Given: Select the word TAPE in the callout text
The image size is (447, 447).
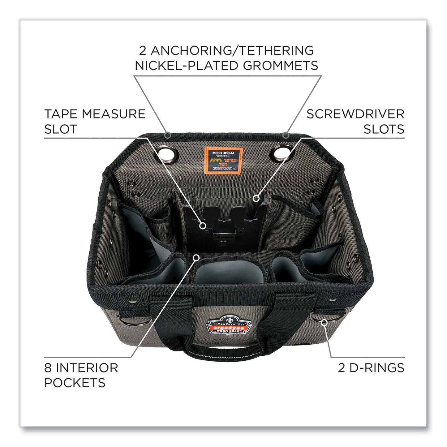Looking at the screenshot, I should [x=59, y=114].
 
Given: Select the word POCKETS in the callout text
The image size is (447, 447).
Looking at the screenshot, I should [x=75, y=383].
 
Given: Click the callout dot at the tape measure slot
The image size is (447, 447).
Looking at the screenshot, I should [x=203, y=226].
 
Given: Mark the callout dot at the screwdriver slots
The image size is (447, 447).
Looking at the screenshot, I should [x=256, y=197].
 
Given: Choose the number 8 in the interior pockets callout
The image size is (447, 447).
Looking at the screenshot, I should [x=49, y=368].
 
